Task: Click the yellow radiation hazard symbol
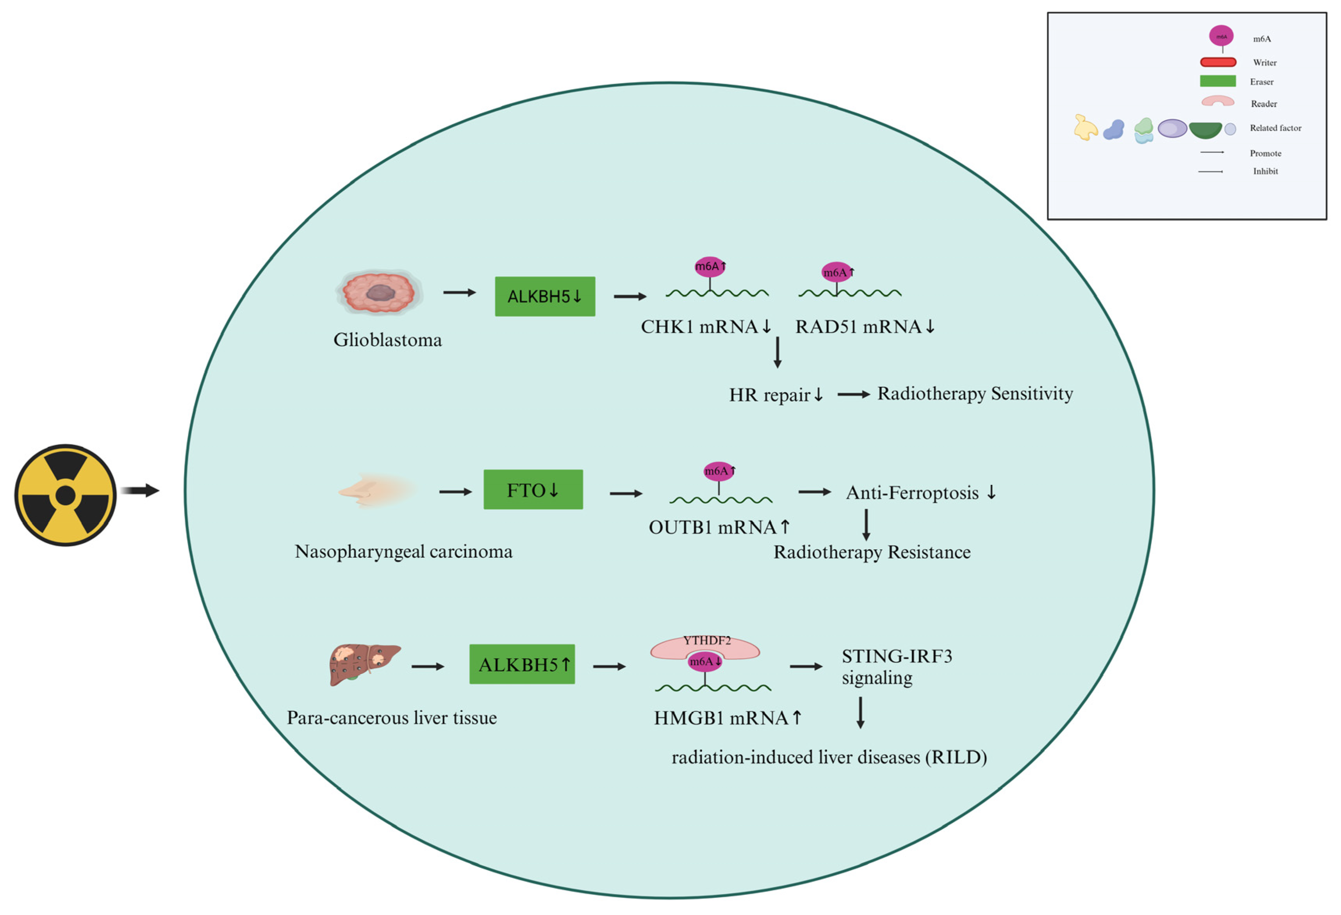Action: click(x=65, y=495)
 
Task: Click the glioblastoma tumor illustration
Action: click(x=379, y=292)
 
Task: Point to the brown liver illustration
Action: click(x=362, y=664)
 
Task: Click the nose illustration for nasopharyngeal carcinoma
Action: click(x=375, y=490)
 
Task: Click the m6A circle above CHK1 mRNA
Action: click(x=709, y=267)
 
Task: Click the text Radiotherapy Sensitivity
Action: click(x=975, y=393)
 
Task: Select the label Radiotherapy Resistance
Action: click(x=871, y=552)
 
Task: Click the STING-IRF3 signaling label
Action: click(x=896, y=666)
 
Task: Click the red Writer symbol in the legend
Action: click(x=1218, y=62)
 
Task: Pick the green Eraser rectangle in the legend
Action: click(x=1218, y=81)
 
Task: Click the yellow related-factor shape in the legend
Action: click(x=1085, y=128)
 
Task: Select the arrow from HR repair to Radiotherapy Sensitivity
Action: click(x=853, y=395)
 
